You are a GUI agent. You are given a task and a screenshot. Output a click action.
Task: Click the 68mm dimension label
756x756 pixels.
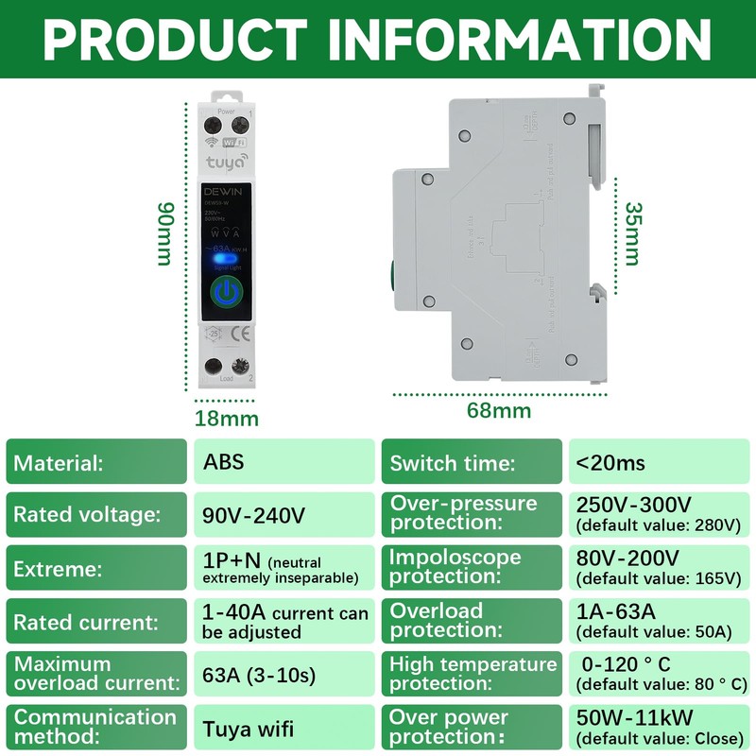click(x=499, y=410)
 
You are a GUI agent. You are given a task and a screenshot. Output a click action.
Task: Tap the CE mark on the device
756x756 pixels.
click(x=240, y=333)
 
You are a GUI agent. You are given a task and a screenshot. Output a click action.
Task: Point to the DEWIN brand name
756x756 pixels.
click(x=223, y=191)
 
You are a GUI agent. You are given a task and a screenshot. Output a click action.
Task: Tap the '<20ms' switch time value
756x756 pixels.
click(x=659, y=462)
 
